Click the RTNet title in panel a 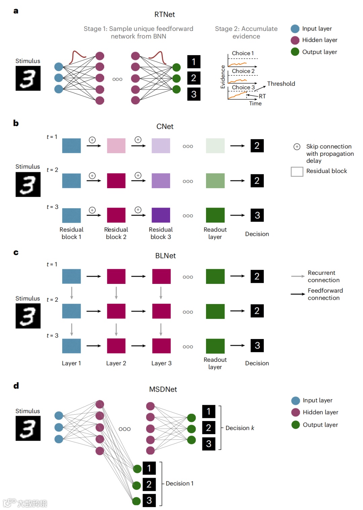coord(165,14)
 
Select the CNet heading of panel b coord(165,127)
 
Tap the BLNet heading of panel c coord(165,256)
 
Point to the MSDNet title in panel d coord(163,389)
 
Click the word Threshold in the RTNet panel coord(281,84)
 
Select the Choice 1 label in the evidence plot coord(243,53)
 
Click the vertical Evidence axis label coord(223,77)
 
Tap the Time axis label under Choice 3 coord(255,103)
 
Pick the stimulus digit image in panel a coord(28,78)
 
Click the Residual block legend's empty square coord(297,171)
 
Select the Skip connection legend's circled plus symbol coord(297,146)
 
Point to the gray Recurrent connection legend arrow coord(298,276)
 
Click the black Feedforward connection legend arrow coord(298,294)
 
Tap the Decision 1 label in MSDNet coord(179,483)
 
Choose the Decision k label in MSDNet coord(240,428)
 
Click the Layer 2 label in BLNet coord(116,363)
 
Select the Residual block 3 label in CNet coord(161,233)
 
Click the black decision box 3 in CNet coord(257,215)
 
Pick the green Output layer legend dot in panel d coord(296,425)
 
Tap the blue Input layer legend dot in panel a coord(295,29)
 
